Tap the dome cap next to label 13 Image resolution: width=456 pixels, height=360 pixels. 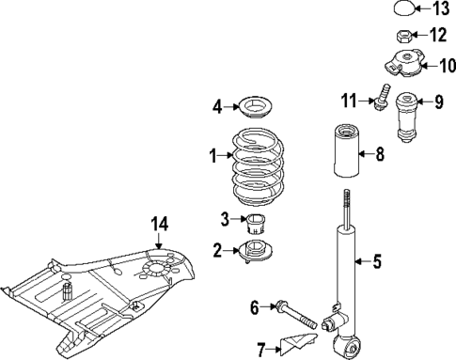click(402, 10)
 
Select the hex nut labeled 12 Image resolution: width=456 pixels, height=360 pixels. click(400, 38)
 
